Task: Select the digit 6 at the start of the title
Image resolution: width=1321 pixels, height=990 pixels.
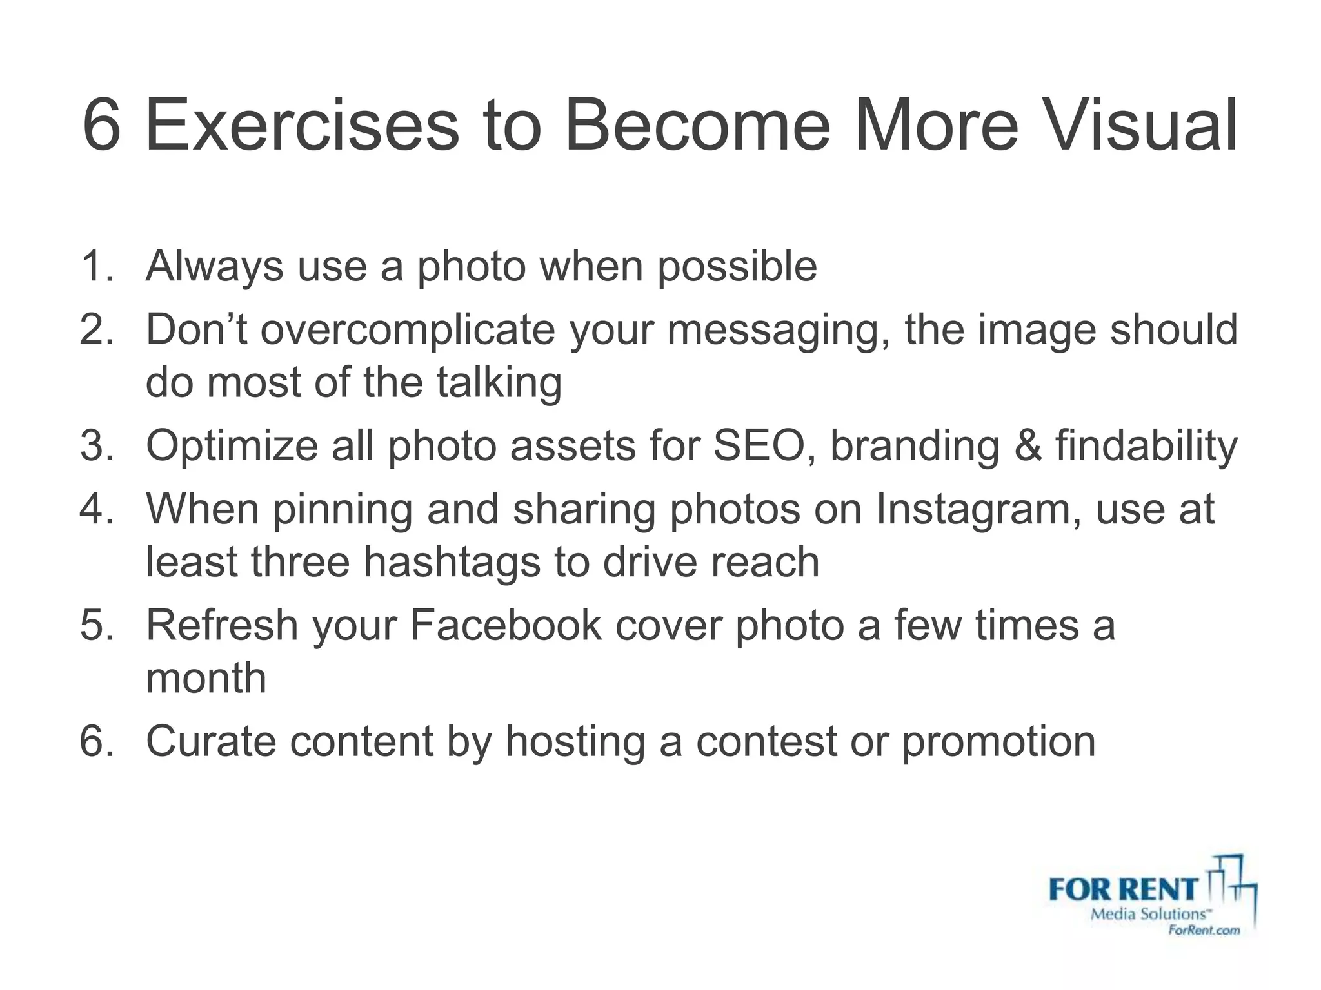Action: [102, 125]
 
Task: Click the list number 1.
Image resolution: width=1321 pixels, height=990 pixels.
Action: [95, 266]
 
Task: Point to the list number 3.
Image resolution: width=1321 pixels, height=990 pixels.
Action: [95, 445]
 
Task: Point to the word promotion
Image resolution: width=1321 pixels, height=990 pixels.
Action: [998, 741]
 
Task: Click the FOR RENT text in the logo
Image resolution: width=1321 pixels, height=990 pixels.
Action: [1123, 890]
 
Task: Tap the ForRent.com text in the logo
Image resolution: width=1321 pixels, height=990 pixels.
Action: [1204, 929]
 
